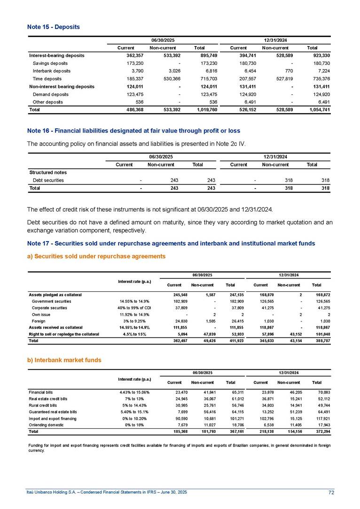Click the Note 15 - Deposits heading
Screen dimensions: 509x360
point(53,27)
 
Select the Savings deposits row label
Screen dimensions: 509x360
point(51,63)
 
